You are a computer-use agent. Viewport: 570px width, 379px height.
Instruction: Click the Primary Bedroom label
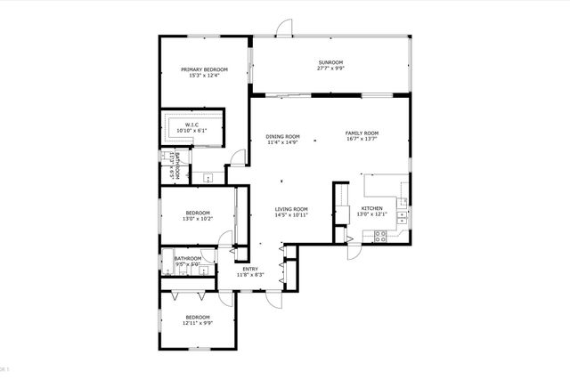point(204,69)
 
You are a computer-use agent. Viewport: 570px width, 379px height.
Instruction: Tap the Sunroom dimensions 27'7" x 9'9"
point(330,69)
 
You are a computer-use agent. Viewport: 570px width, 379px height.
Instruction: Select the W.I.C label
point(191,125)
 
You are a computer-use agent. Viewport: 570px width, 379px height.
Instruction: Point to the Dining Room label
point(282,136)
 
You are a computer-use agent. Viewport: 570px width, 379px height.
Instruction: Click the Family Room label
point(362,133)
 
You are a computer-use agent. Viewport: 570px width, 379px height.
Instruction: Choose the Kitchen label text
point(371,208)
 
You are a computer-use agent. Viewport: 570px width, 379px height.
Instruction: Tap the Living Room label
point(291,209)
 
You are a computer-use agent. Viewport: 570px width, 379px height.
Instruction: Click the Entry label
point(250,269)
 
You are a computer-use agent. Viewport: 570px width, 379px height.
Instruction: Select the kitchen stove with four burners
point(381,237)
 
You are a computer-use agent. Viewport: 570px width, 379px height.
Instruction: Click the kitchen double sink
point(403,214)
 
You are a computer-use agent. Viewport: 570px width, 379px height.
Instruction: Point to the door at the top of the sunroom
point(283,28)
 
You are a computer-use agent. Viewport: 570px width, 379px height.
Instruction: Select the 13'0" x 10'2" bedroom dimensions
point(198,218)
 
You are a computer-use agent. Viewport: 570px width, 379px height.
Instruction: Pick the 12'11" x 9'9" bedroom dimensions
point(198,323)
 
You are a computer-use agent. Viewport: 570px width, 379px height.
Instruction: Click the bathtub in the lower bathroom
point(167,263)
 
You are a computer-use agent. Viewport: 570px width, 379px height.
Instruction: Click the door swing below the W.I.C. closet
point(235,158)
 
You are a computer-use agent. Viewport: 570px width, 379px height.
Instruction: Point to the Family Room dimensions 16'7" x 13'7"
point(362,140)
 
